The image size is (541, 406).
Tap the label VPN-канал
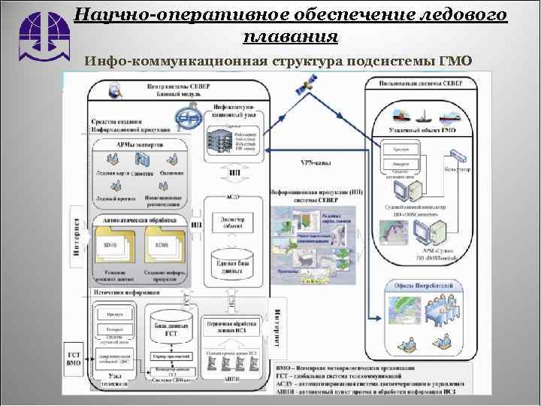(315, 162)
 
